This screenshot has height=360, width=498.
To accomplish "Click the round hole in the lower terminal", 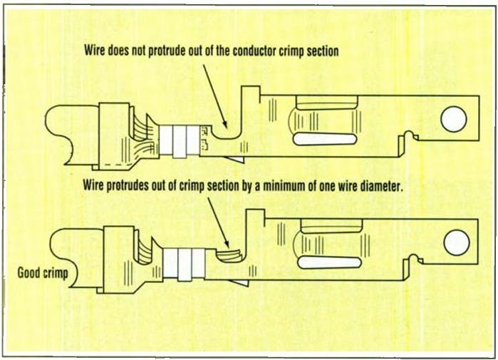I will [456, 243].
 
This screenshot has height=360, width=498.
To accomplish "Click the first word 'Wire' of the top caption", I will [96, 51].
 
